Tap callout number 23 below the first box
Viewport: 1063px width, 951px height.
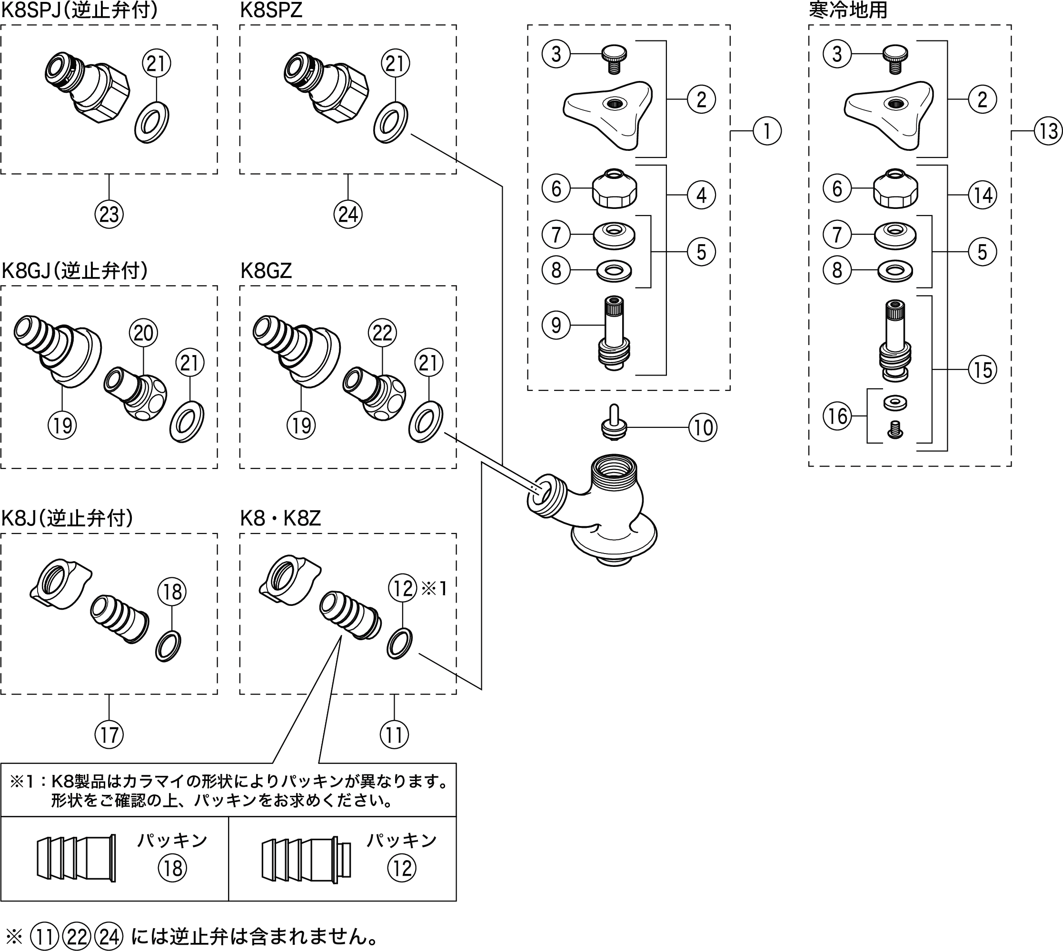pyautogui.click(x=109, y=214)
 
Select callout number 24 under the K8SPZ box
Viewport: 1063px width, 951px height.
pyautogui.click(x=348, y=214)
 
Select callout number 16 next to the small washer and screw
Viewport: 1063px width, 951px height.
pyautogui.click(x=838, y=416)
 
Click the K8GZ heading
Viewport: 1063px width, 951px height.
pyautogui.click(x=266, y=271)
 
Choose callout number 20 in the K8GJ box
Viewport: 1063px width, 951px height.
pyautogui.click(x=144, y=333)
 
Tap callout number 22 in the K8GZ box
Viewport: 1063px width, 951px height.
pyautogui.click(x=382, y=332)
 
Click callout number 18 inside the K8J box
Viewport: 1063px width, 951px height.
pyautogui.click(x=172, y=592)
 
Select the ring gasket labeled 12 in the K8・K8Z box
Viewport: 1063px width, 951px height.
pyautogui.click(x=400, y=644)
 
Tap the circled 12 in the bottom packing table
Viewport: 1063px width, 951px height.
pyautogui.click(x=401, y=869)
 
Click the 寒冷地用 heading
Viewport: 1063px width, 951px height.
pyautogui.click(x=848, y=10)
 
